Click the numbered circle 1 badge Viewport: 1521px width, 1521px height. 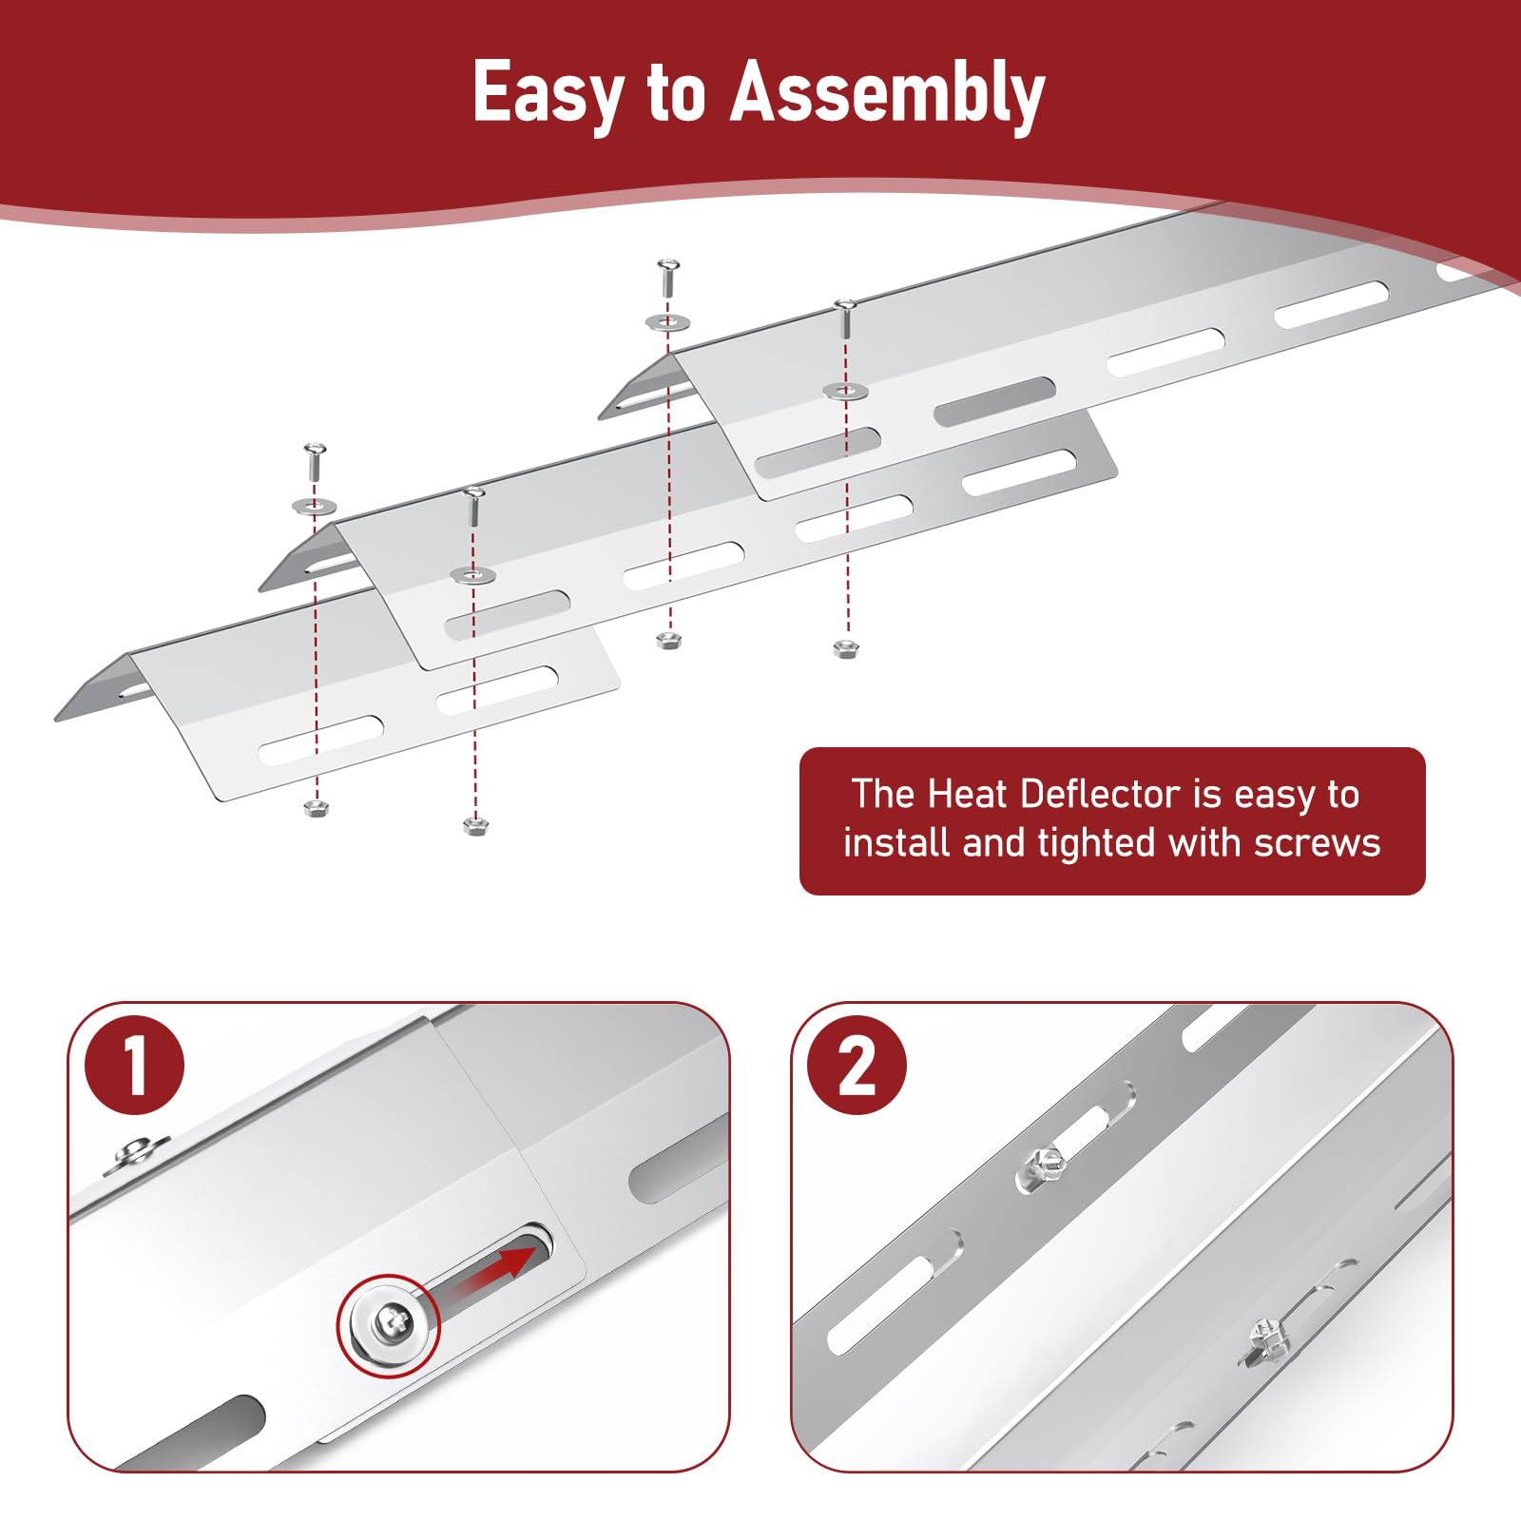point(135,1064)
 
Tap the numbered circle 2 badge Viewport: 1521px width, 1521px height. point(856,1064)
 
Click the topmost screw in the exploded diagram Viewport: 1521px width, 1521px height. point(668,278)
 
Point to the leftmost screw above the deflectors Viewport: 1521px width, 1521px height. point(315,462)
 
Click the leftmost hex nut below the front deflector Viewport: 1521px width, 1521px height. point(316,808)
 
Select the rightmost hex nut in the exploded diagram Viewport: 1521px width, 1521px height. point(846,649)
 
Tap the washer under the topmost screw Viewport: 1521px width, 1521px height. point(668,322)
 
